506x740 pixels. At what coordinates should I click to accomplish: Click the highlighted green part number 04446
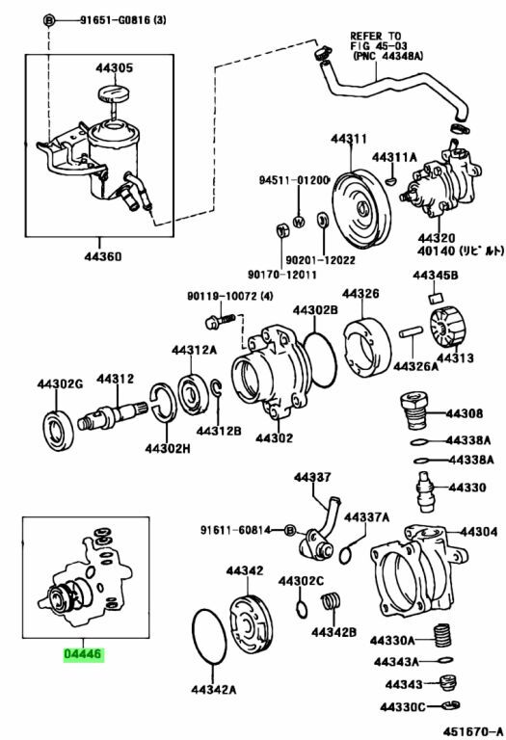pyautogui.click(x=83, y=654)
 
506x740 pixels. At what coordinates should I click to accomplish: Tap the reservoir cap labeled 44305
pyautogui.click(x=115, y=92)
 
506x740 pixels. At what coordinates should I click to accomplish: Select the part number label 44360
pyautogui.click(x=103, y=256)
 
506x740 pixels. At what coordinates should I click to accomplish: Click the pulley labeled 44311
pyautogui.click(x=361, y=208)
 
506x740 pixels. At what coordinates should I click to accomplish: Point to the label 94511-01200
pyautogui.click(x=293, y=180)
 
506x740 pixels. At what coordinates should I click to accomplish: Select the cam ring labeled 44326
pyautogui.click(x=367, y=347)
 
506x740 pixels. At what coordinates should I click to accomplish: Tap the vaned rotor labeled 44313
pyautogui.click(x=447, y=328)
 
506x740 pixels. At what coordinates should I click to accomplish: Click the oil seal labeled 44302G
pyautogui.click(x=59, y=431)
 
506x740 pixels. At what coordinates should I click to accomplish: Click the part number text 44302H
pyautogui.click(x=168, y=448)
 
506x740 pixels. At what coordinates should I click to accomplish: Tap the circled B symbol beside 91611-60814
pyautogui.click(x=290, y=531)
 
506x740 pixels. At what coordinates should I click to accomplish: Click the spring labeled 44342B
pyautogui.click(x=332, y=606)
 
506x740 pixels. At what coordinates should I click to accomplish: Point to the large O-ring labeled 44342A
pyautogui.click(x=209, y=637)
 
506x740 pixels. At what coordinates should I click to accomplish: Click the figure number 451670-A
pyautogui.click(x=472, y=731)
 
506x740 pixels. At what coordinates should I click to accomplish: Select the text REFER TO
pyautogui.click(x=375, y=36)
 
